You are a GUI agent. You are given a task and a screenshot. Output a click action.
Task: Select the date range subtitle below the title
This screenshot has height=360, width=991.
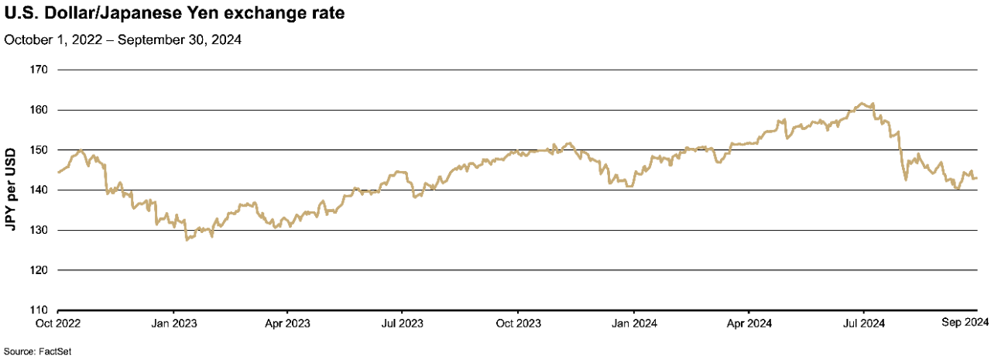(x=123, y=40)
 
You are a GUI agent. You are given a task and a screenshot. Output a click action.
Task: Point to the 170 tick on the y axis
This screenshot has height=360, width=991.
(x=39, y=70)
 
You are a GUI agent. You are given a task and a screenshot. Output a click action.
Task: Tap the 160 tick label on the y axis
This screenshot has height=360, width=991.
(x=39, y=110)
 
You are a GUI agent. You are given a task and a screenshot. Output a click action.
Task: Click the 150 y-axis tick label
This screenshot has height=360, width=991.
(x=39, y=150)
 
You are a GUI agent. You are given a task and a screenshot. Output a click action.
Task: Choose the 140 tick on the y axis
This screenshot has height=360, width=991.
(x=39, y=190)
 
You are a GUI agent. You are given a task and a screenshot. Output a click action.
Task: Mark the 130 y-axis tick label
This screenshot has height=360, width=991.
(x=39, y=231)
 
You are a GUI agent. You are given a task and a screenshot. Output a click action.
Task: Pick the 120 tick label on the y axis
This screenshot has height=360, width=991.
(x=39, y=270)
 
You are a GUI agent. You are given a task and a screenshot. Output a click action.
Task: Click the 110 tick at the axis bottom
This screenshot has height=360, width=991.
(x=39, y=310)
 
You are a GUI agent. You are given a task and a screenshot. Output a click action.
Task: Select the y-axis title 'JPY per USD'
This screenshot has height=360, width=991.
(x=12, y=190)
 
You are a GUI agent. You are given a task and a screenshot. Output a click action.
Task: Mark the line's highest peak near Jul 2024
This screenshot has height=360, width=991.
(x=861, y=103)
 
